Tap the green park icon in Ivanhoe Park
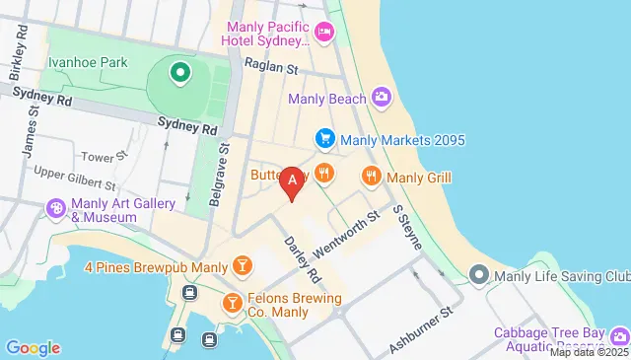pos(179,72)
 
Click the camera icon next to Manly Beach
pos(382,98)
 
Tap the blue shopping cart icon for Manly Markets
pos(323,139)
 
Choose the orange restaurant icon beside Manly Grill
pos(372,177)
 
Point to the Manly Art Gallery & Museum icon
pos(56,210)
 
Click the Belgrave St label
pos(219,177)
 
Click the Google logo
pos(33,347)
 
